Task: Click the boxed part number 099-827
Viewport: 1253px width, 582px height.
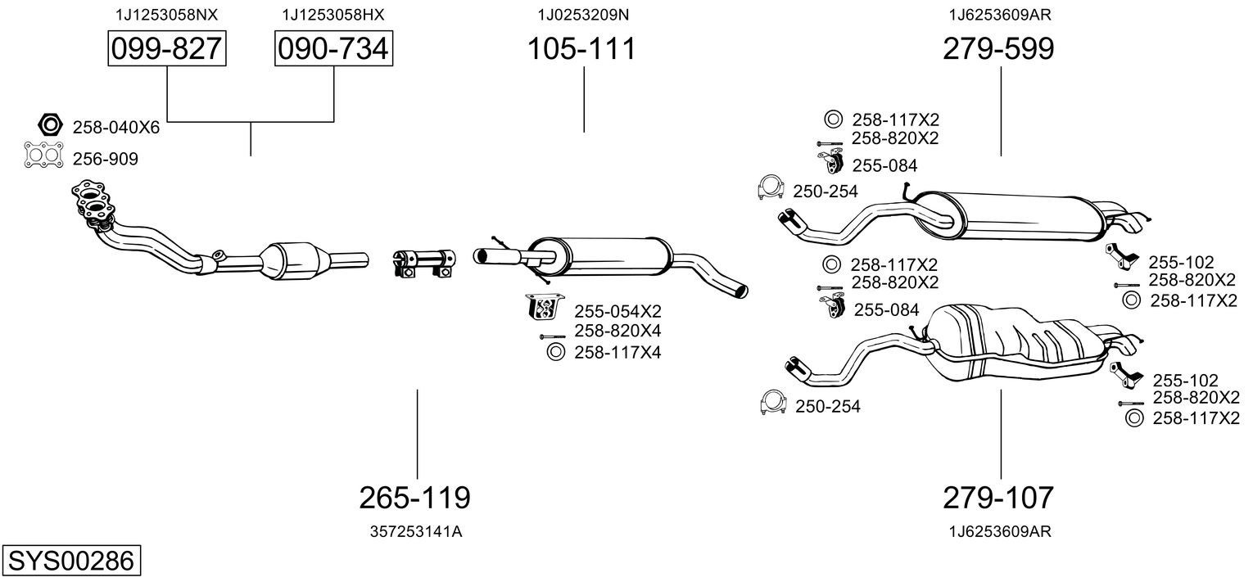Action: (167, 49)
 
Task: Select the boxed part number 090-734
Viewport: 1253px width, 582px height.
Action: (333, 49)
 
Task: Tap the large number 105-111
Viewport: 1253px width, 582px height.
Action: (581, 49)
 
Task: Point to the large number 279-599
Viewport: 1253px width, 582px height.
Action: (998, 49)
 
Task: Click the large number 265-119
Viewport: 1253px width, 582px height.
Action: (415, 497)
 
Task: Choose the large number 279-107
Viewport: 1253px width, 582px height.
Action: (998, 497)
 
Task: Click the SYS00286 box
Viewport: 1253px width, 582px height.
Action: (70, 562)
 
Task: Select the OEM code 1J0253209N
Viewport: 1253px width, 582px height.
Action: (583, 15)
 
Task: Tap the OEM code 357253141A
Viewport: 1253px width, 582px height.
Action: (415, 531)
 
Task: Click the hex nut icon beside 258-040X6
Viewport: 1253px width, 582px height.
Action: (50, 125)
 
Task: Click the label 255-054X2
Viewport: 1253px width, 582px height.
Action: (617, 311)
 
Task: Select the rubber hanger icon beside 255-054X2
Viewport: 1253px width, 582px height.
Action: (542, 308)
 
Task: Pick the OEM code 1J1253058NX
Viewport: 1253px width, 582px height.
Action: (167, 15)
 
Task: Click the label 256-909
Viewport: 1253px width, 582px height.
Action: (106, 160)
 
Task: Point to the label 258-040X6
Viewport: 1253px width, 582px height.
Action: (116, 127)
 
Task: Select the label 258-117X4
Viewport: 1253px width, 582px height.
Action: (617, 353)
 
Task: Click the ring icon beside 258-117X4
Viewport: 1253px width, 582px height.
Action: (554, 353)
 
